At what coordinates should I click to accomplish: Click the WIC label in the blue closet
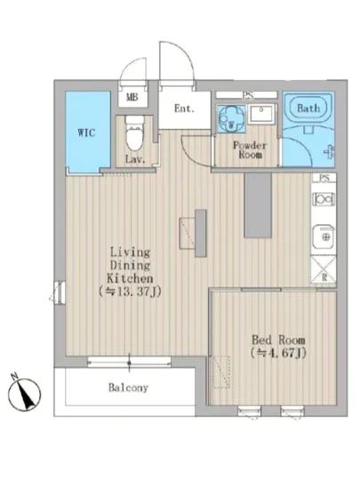click(86, 132)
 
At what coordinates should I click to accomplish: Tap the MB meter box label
click(132, 97)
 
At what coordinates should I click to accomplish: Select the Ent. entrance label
click(184, 108)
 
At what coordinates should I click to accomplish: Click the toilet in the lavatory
click(134, 132)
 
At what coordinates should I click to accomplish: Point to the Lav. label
click(135, 159)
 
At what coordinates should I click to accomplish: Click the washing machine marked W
click(231, 119)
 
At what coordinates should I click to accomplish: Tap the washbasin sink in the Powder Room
click(262, 114)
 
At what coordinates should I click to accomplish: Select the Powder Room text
click(250, 150)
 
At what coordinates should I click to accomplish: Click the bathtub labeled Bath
click(308, 108)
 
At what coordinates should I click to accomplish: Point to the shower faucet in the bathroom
click(329, 152)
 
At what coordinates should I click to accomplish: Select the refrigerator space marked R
click(324, 269)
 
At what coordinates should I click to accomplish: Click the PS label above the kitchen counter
click(324, 178)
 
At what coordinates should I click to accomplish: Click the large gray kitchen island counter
click(258, 205)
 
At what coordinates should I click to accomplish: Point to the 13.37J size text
click(130, 292)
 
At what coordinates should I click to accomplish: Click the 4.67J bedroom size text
click(278, 353)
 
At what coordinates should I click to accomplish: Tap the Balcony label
click(128, 388)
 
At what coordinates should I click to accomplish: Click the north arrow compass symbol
click(24, 394)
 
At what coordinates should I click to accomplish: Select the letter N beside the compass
click(13, 376)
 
